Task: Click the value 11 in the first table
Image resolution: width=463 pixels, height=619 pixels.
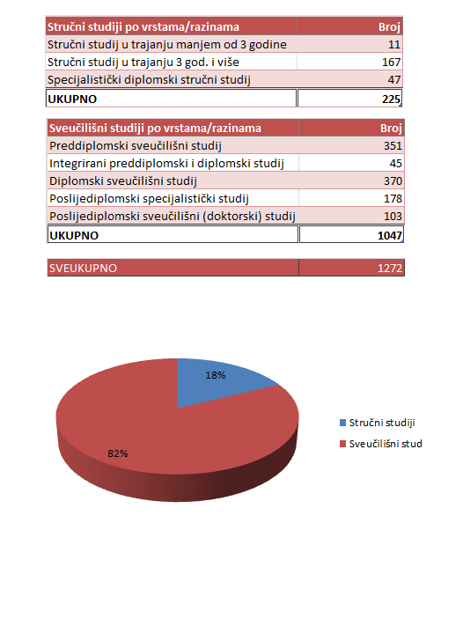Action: pyautogui.click(x=394, y=44)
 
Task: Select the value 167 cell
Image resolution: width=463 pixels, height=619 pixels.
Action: pyautogui.click(x=391, y=63)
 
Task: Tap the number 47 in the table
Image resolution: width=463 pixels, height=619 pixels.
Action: pyautogui.click(x=394, y=80)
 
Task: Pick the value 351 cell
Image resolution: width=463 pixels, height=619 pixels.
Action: pyautogui.click(x=391, y=145)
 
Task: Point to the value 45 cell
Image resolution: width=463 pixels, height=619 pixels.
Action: pyautogui.click(x=394, y=163)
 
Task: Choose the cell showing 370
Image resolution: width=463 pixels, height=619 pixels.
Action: pyautogui.click(x=391, y=181)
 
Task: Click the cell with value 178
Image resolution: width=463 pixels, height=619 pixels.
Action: pyautogui.click(x=391, y=198)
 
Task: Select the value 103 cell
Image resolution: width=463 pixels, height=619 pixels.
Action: pyautogui.click(x=391, y=216)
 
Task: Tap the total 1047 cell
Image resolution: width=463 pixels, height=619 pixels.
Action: pyautogui.click(x=388, y=235)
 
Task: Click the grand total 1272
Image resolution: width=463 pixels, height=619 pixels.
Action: pyautogui.click(x=388, y=268)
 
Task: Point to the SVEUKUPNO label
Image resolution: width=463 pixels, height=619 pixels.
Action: pyautogui.click(x=83, y=268)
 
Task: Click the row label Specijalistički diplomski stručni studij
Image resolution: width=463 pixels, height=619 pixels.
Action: pyautogui.click(x=150, y=80)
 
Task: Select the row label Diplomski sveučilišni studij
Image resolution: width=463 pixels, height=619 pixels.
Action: pyautogui.click(x=122, y=181)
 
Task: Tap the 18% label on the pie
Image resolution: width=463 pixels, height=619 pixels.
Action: pyautogui.click(x=216, y=375)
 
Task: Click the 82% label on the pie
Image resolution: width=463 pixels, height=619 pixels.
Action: pyautogui.click(x=119, y=453)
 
